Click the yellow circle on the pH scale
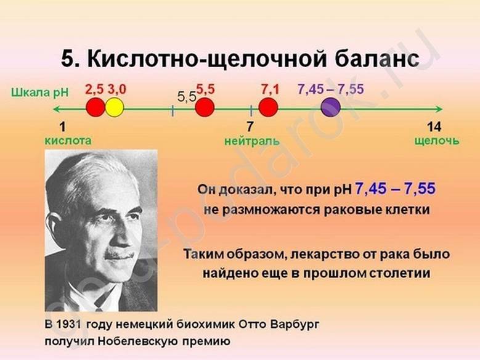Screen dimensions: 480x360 pyautogui.click(x=115, y=107)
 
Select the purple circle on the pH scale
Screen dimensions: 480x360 pyautogui.click(x=331, y=107)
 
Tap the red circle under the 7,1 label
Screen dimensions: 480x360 pyautogui.click(x=268, y=107)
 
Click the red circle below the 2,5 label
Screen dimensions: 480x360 pyautogui.click(x=96, y=107)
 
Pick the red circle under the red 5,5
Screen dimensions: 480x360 pyautogui.click(x=205, y=107)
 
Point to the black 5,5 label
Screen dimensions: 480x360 pyautogui.click(x=187, y=97)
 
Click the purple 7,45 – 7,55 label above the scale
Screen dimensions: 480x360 pyautogui.click(x=331, y=89)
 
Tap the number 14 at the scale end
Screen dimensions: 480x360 pyautogui.click(x=434, y=127)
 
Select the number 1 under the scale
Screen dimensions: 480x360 pyautogui.click(x=62, y=127)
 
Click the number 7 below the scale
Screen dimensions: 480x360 pyautogui.click(x=250, y=127)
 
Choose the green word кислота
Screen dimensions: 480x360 pyautogui.click(x=68, y=141)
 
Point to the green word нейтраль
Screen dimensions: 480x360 pyautogui.click(x=252, y=141)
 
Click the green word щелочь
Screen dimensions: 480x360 pyautogui.click(x=437, y=141)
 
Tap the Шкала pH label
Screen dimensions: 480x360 pyautogui.click(x=40, y=92)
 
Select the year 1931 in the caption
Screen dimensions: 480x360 pyautogui.click(x=68, y=324)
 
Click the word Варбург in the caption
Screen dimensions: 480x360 pyautogui.click(x=295, y=324)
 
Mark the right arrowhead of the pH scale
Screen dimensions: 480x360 pyautogui.click(x=439, y=108)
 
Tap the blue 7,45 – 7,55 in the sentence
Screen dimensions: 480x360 pyautogui.click(x=395, y=189)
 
